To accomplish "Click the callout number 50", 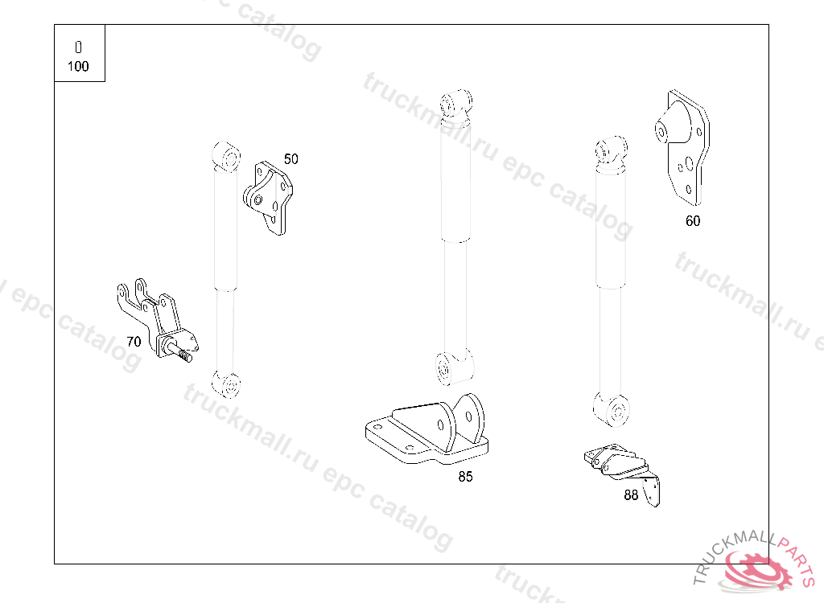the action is click(290, 158).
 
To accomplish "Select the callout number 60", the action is click(693, 221).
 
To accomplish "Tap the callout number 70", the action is click(134, 342).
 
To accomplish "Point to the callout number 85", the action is click(465, 477).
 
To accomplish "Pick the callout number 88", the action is click(631, 494).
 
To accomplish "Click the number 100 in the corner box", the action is click(78, 66).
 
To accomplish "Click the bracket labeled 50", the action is click(269, 198).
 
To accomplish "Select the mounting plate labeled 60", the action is click(683, 147).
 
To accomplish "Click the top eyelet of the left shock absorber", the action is click(226, 155).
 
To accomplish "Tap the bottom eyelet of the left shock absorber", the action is click(226, 384).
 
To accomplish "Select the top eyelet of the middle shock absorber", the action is click(455, 104).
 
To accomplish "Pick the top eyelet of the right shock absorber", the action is click(611, 151).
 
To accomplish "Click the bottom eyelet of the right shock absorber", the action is click(612, 409).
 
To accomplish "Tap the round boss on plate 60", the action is click(661, 130).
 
